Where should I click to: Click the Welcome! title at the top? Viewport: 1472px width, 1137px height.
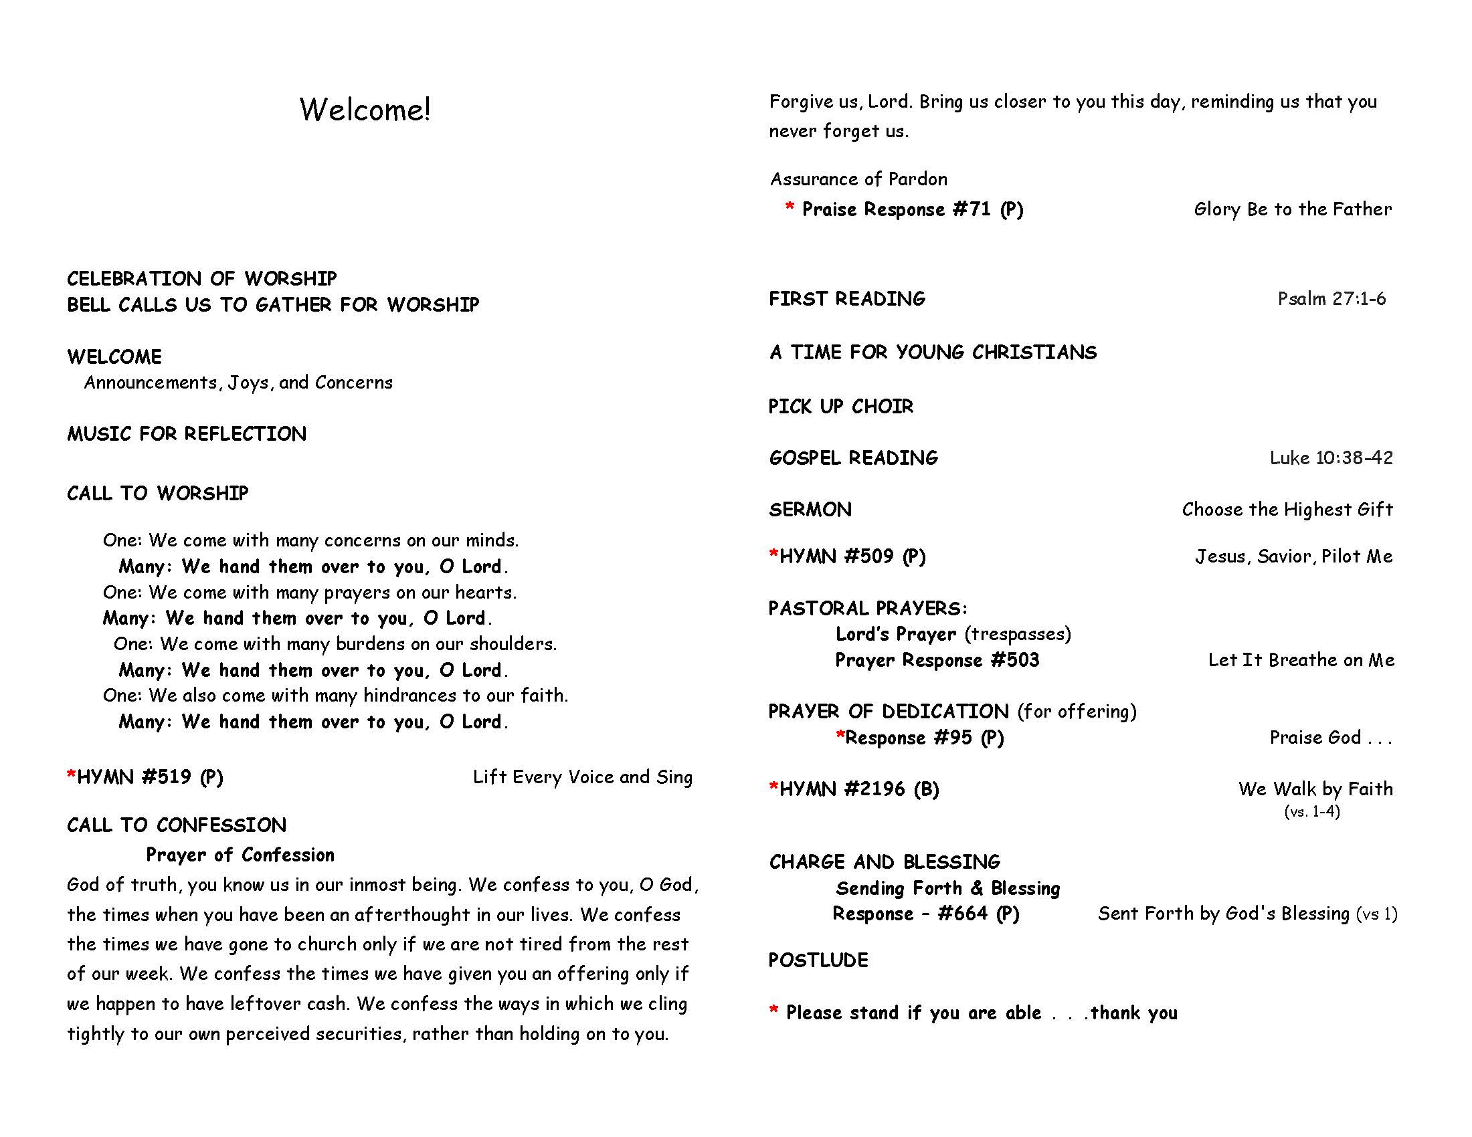365,110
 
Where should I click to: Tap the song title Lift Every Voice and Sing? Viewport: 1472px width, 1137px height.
582,777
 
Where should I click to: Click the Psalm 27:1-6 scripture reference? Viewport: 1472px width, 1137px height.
1331,298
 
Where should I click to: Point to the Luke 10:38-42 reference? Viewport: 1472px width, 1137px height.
1331,458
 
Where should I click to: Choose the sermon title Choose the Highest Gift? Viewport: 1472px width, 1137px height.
1287,509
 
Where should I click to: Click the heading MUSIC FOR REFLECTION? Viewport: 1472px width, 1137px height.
187,434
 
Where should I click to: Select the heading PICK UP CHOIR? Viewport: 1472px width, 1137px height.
840,406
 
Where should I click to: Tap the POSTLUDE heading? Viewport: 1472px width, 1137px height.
818,960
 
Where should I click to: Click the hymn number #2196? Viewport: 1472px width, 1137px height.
875,789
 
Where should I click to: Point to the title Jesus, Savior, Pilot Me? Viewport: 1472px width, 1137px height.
1293,556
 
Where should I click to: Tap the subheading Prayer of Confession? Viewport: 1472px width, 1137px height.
240,855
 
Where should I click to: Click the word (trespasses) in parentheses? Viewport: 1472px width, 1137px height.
1017,634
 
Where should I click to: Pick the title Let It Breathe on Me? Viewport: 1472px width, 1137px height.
1301,660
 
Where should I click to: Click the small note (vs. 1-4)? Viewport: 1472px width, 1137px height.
1311,812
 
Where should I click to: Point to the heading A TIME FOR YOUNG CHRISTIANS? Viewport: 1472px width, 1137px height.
933,352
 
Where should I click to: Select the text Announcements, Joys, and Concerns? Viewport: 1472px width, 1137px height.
238,383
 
